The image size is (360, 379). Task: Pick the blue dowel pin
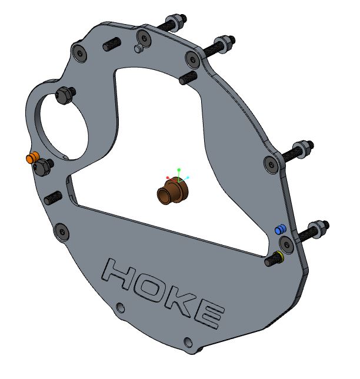tap(281, 229)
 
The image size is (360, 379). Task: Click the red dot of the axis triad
tap(168, 177)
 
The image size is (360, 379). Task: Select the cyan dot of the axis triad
tap(188, 177)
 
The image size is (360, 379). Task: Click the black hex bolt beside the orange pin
tap(42, 168)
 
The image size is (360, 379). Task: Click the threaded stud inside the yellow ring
tap(272, 259)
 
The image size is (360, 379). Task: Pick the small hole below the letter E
tap(188, 341)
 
